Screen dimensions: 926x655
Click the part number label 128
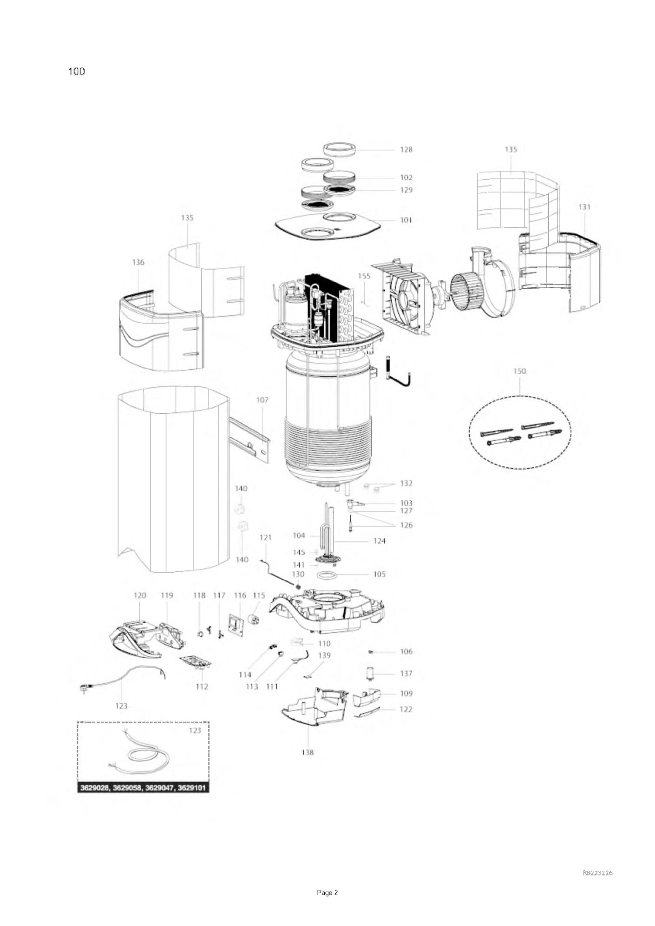coord(406,149)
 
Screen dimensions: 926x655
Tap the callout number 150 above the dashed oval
coord(519,371)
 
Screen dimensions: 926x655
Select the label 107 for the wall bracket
coord(262,400)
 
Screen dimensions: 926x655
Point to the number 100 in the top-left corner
coord(77,71)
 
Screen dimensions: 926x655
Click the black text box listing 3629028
coord(143,788)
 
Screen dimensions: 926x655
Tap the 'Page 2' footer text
coord(327,893)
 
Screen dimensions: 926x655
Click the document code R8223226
coord(597,873)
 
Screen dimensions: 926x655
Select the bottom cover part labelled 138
coord(316,706)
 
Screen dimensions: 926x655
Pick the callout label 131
coord(584,207)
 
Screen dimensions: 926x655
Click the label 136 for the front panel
coord(138,263)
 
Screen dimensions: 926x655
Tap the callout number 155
coord(364,276)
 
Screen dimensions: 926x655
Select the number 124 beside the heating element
coord(379,541)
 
